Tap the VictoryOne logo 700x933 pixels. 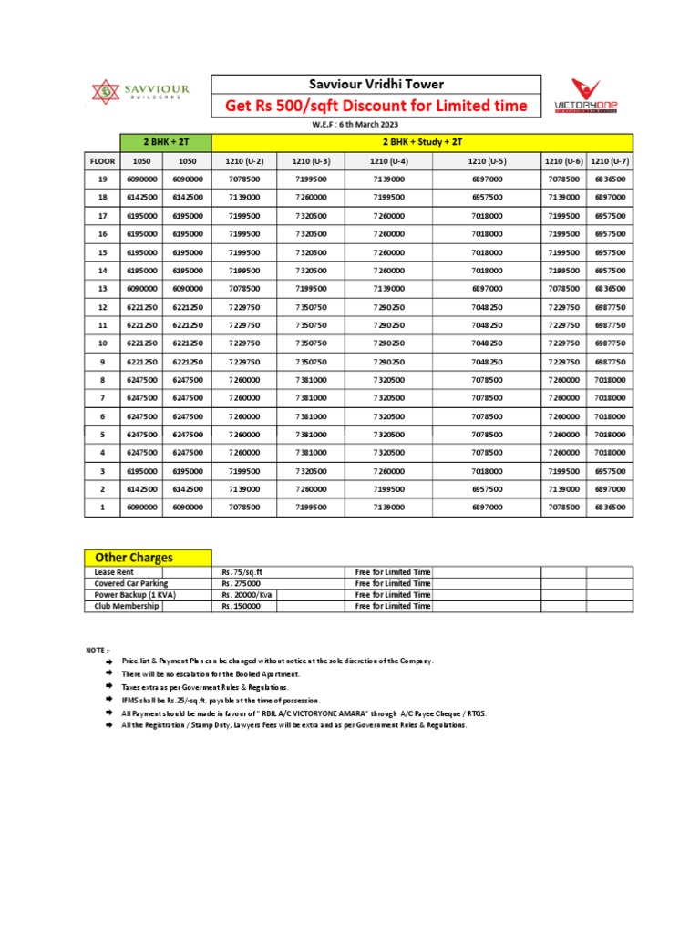pos(586,97)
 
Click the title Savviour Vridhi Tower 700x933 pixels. pos(376,84)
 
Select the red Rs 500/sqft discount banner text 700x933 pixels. pos(376,107)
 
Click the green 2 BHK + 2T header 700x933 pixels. pos(166,142)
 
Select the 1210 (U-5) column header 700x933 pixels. pos(487,161)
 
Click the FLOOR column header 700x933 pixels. pos(102,161)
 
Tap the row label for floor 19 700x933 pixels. pos(102,179)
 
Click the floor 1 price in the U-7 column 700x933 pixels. pos(609,507)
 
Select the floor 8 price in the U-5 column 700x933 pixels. pos(487,379)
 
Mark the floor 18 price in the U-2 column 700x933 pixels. pos(245,198)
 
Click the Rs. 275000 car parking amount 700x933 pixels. pos(242,583)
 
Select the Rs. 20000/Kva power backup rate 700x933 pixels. pos(246,594)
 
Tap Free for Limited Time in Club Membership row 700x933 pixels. pos(393,606)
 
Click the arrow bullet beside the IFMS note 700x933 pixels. pos(108,700)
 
